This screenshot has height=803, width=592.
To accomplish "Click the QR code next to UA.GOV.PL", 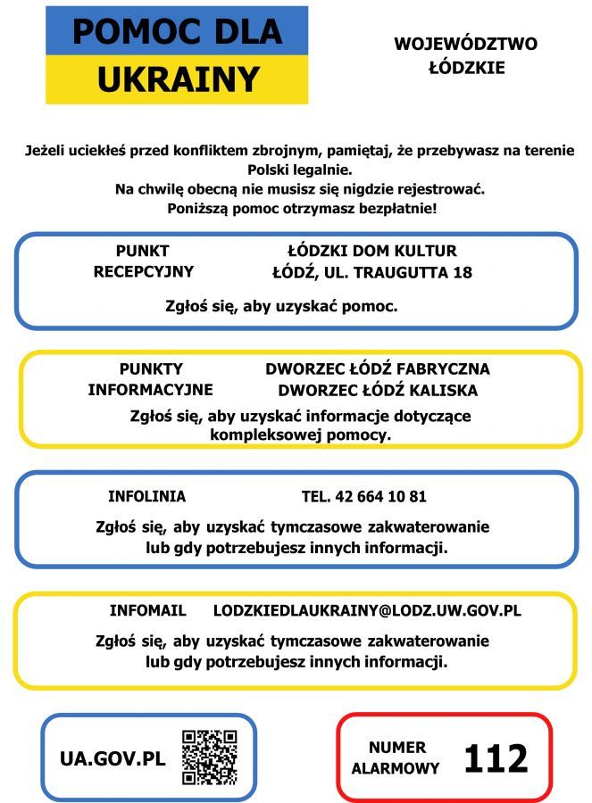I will click(x=210, y=757).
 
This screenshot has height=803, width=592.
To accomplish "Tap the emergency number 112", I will click(x=496, y=758).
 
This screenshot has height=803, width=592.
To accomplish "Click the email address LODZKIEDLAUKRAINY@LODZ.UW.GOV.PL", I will click(x=367, y=611).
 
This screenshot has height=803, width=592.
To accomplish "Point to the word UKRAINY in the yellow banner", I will click(x=178, y=79).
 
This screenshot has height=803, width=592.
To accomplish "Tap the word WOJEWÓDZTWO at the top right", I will click(x=465, y=44).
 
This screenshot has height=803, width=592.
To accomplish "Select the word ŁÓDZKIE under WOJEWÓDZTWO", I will click(x=465, y=68).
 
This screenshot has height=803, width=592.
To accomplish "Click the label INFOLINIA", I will click(x=147, y=497).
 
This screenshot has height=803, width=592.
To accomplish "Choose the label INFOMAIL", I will click(x=148, y=611).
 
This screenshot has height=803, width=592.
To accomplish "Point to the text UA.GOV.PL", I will click(x=113, y=759).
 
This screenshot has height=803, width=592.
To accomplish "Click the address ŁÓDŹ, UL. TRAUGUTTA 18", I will click(x=372, y=272).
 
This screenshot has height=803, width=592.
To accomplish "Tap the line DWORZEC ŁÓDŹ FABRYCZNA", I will click(x=378, y=369).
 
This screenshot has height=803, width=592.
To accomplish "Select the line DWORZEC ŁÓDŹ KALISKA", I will click(x=378, y=390).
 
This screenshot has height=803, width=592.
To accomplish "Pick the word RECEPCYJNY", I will click(x=144, y=272).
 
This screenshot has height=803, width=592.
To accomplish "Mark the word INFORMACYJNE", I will click(x=150, y=390).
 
